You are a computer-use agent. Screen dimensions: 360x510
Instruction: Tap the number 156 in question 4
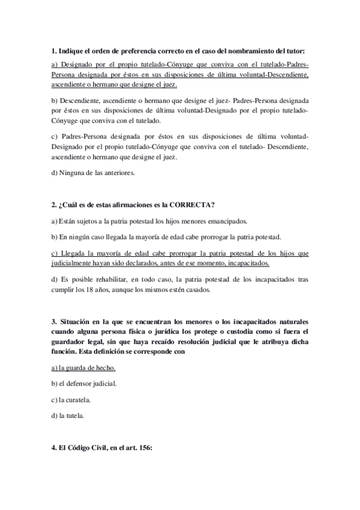pos(147,463)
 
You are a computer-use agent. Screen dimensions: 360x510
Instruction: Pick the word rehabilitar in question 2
pos(109,279)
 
